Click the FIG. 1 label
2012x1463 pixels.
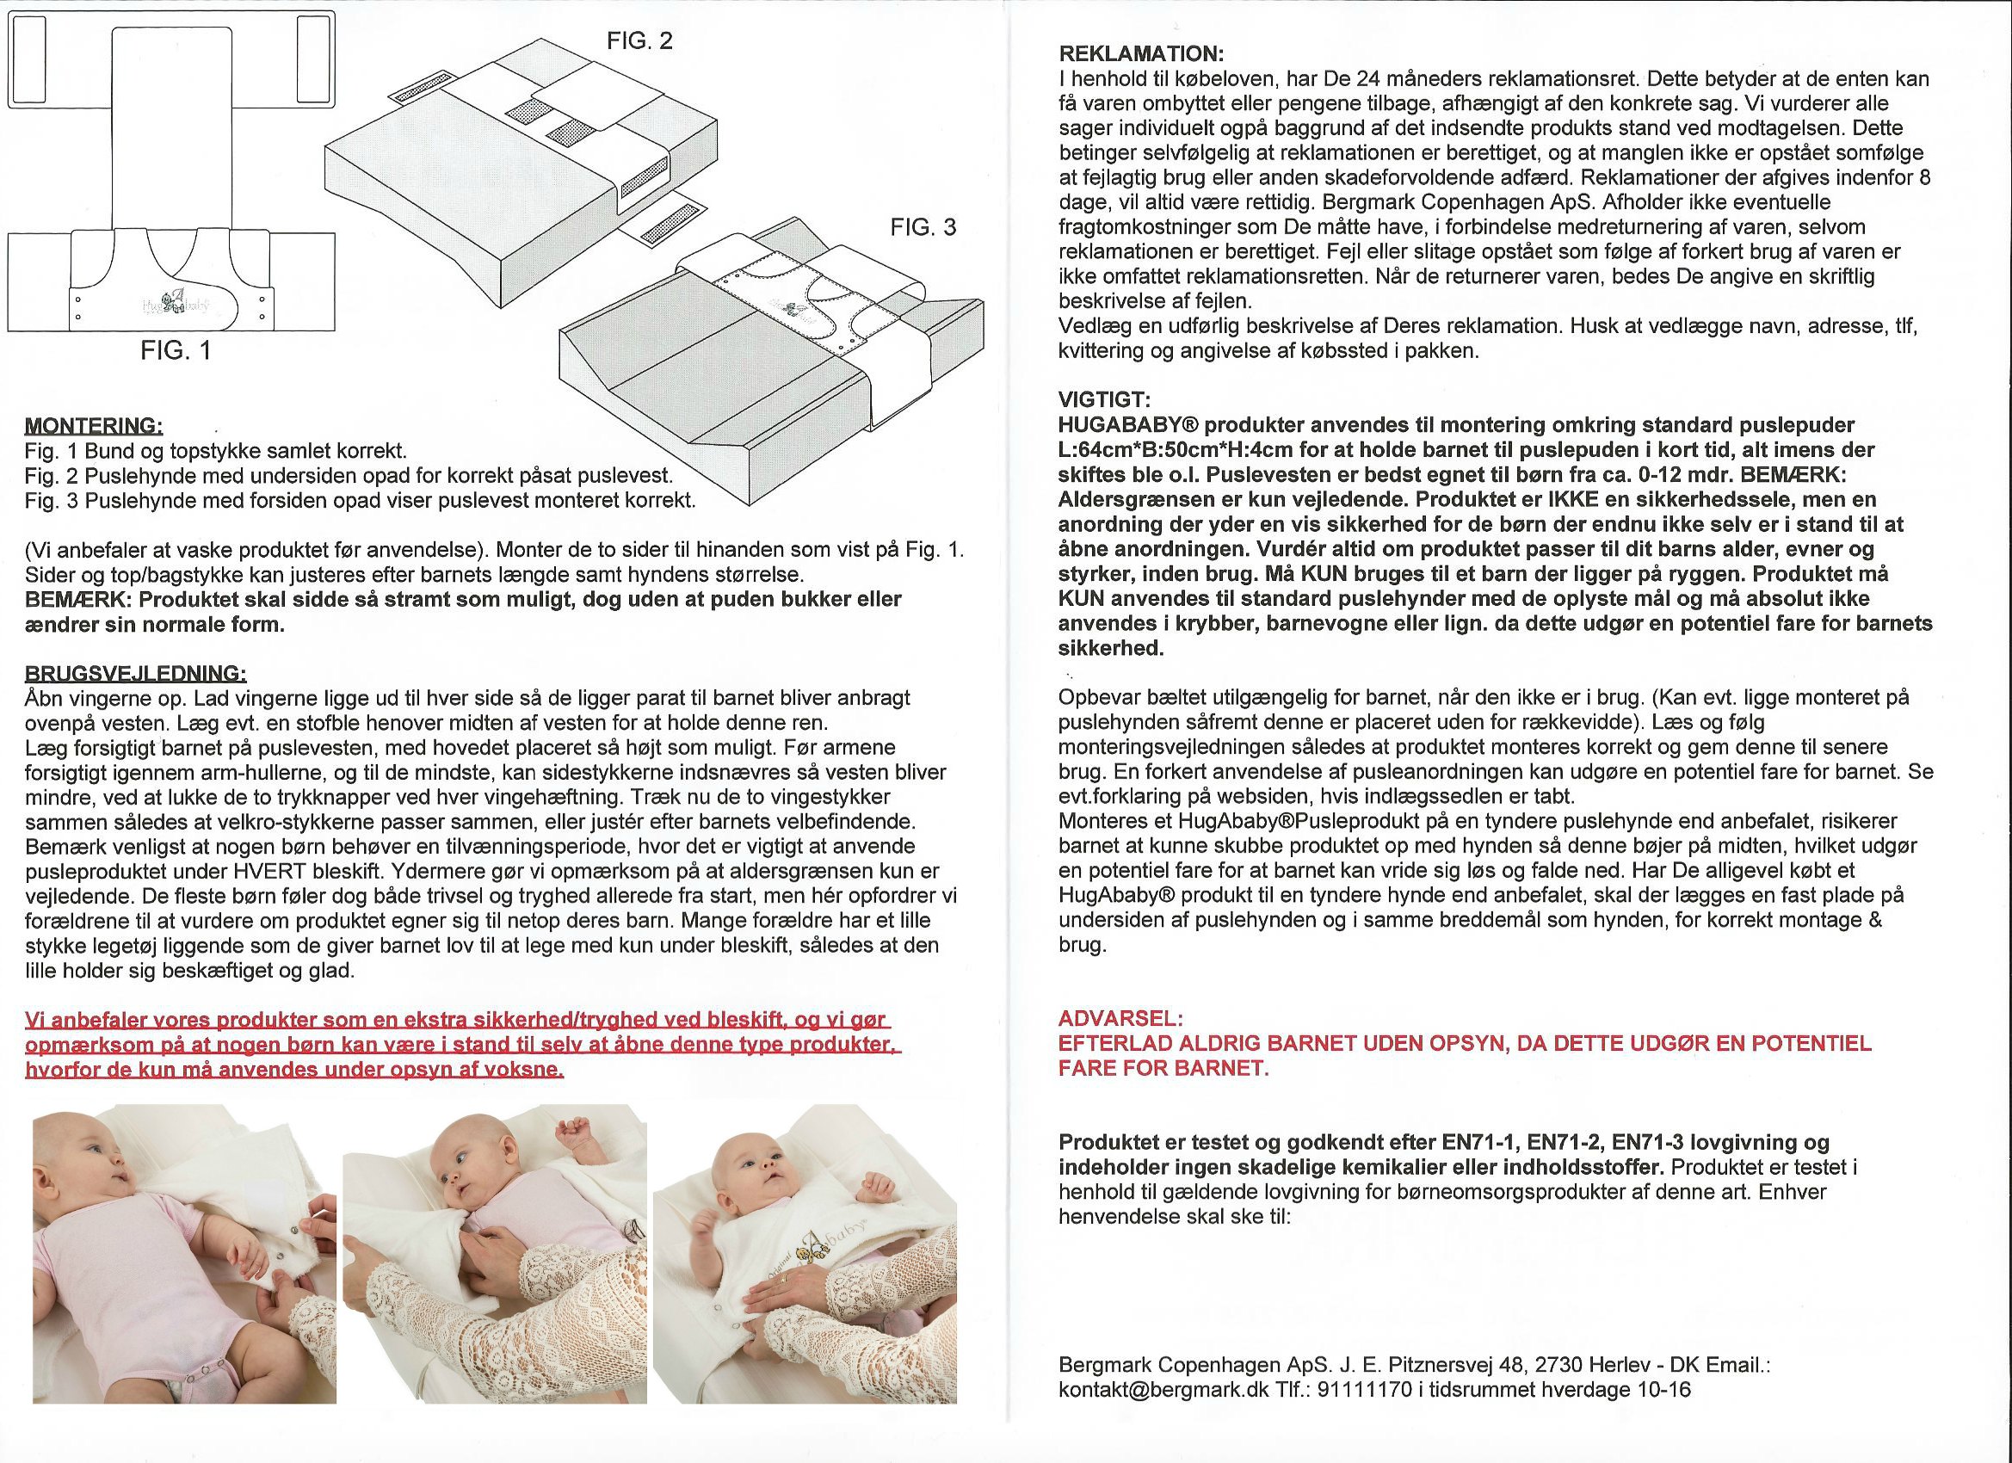point(176,350)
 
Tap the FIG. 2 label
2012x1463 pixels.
point(639,40)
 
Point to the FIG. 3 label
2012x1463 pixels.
point(923,228)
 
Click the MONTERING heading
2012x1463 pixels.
point(93,426)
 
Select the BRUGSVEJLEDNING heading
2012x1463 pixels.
point(135,672)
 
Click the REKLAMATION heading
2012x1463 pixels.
point(1141,54)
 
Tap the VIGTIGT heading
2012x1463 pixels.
point(1103,399)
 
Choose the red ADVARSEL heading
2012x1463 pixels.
point(1120,1019)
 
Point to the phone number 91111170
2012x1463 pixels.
point(1364,1389)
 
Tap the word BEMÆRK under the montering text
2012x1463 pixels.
point(78,600)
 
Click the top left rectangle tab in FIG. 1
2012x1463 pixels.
point(30,59)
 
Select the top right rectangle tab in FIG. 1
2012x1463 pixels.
point(313,59)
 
